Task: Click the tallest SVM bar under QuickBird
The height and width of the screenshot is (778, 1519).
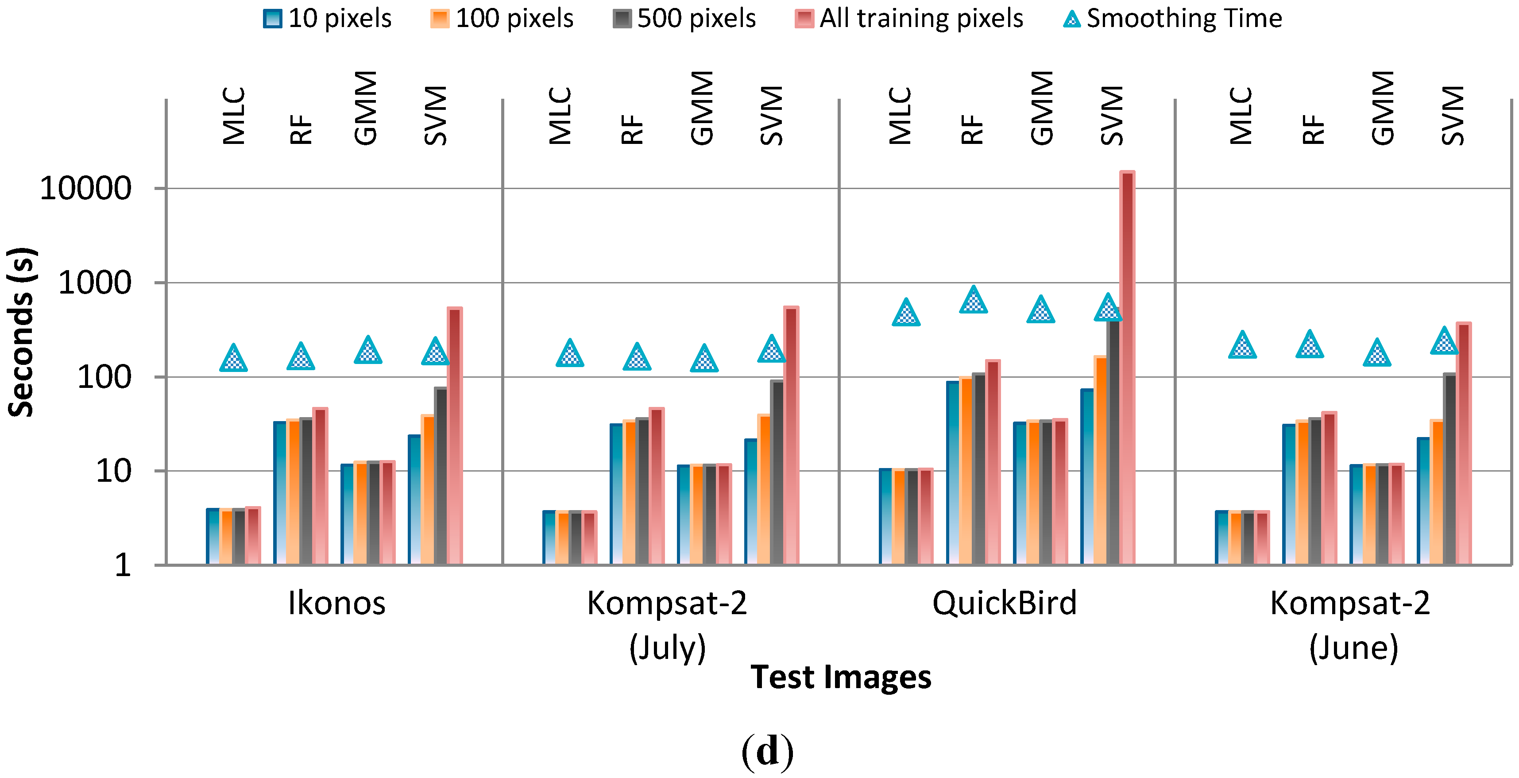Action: (1127, 366)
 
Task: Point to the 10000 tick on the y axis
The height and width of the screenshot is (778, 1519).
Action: (85, 189)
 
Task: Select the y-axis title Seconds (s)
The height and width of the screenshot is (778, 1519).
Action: (21, 332)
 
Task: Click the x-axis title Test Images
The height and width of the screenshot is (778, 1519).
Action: (840, 677)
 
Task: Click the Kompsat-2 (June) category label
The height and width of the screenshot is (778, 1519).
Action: (1350, 625)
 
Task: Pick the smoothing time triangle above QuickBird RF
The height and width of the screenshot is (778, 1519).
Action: (973, 300)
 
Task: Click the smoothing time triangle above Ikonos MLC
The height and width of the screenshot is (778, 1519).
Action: (233, 359)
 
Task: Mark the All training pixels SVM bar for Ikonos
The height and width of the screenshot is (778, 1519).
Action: (455, 437)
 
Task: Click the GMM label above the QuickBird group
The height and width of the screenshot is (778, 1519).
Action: (1041, 108)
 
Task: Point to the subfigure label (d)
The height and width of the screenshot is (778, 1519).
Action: (767, 751)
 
